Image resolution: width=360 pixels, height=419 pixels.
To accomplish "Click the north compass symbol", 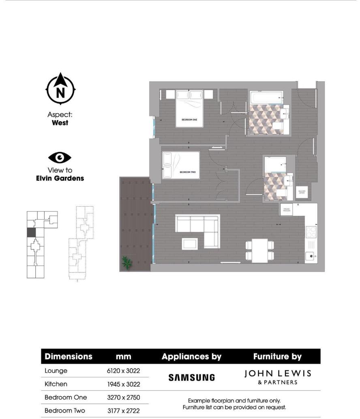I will pyautogui.click(x=60, y=89).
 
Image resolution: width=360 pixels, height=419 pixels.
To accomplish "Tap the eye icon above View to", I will pyautogui.click(x=60, y=157).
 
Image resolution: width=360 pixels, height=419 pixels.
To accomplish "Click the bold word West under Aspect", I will pyautogui.click(x=60, y=122).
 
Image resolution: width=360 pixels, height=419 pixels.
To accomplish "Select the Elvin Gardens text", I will pyautogui.click(x=60, y=178).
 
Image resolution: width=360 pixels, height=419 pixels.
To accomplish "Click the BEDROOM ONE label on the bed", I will pyautogui.click(x=189, y=120).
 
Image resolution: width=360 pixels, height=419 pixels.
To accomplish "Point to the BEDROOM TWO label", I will pyautogui.click(x=188, y=172).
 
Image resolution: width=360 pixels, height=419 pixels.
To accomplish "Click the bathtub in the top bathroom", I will pyautogui.click(x=266, y=97).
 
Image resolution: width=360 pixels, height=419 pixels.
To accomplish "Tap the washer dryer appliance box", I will pyautogui.click(x=302, y=192).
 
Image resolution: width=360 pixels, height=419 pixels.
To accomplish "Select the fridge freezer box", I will pyautogui.click(x=286, y=209).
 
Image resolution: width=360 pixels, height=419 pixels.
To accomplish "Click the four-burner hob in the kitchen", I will pyautogui.click(x=311, y=231).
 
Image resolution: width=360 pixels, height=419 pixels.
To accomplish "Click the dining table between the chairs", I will pyautogui.click(x=259, y=250).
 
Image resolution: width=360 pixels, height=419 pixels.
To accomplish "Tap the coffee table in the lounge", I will pyautogui.click(x=190, y=243).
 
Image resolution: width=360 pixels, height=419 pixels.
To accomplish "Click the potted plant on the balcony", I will pyautogui.click(x=127, y=262).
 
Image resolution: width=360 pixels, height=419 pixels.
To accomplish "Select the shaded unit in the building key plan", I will pyautogui.click(x=31, y=233).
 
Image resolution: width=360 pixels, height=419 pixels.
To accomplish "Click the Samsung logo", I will pyautogui.click(x=191, y=377).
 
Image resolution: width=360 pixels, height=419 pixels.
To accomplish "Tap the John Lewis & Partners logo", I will pyautogui.click(x=277, y=376).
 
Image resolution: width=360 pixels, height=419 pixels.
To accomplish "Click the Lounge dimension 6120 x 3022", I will pyautogui.click(x=123, y=371).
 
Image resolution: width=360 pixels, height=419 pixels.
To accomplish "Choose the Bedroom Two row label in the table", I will pyautogui.click(x=65, y=410).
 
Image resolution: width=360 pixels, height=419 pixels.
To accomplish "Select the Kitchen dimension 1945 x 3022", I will pyautogui.click(x=123, y=384).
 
